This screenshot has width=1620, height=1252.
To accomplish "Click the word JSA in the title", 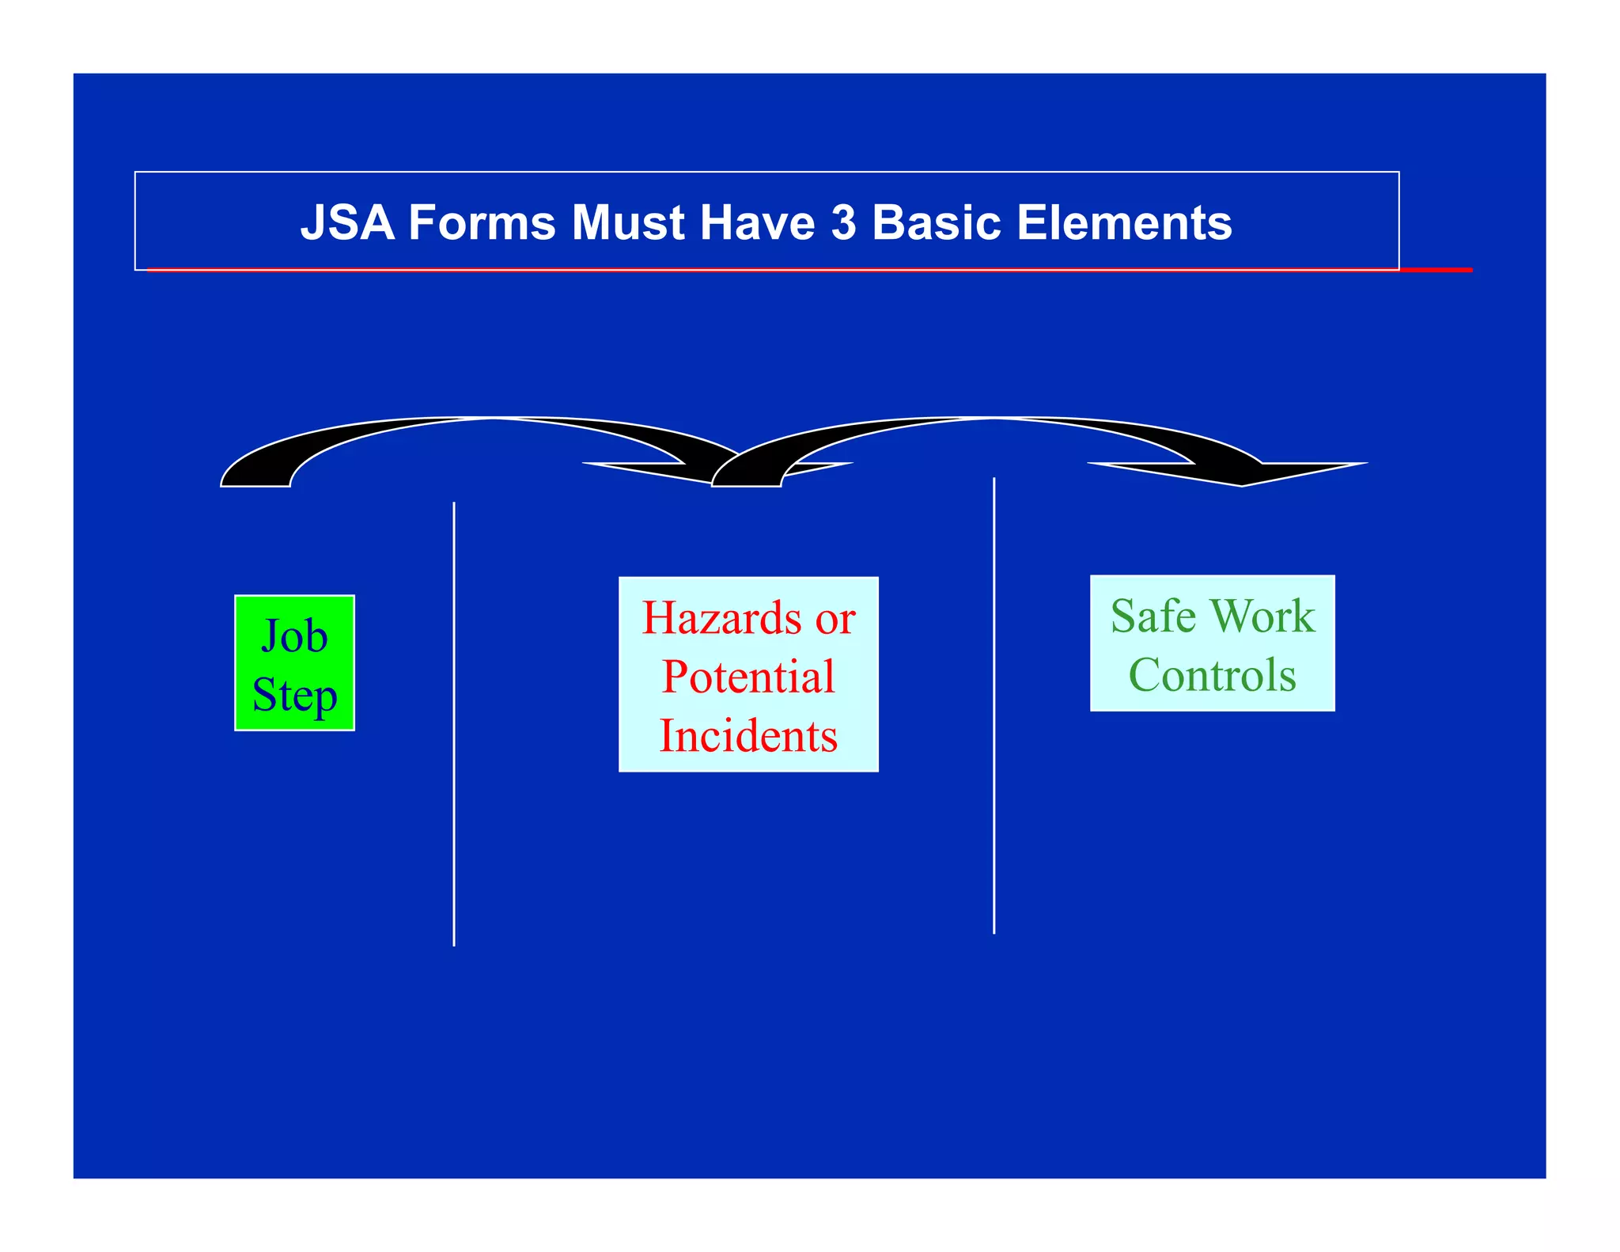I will point(347,222).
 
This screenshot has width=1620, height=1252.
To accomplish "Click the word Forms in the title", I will point(483,222).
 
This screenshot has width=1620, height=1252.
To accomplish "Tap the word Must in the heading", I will point(627,222).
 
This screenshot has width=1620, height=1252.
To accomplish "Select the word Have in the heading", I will point(757,222).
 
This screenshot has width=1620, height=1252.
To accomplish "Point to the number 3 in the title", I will point(843,222).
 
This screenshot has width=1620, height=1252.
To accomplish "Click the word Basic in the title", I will point(937,222).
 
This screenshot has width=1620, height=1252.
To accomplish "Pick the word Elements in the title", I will point(1124,222).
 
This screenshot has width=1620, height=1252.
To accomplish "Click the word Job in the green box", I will point(294,636).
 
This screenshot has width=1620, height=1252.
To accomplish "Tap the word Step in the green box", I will point(294,695).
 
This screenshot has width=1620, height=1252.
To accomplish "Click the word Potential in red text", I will point(748,677).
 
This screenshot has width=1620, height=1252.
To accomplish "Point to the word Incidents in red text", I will point(748,736).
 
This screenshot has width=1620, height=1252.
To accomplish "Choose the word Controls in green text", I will point(1212,675).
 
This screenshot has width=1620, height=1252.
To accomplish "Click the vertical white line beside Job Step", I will point(454,723).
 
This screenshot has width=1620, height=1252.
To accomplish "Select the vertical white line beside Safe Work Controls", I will point(994,704).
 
